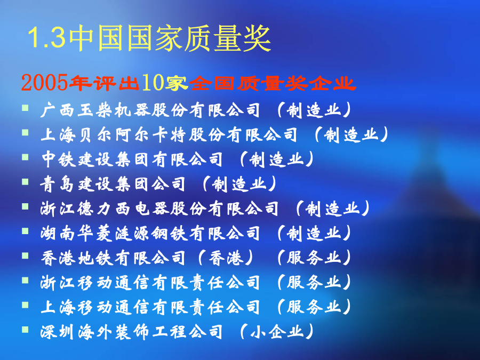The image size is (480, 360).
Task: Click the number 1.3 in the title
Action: click(x=47, y=38)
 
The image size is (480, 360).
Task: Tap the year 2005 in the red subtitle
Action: click(x=44, y=83)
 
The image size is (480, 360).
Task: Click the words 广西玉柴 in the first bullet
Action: click(x=76, y=110)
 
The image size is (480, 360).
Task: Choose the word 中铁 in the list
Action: click(x=59, y=159)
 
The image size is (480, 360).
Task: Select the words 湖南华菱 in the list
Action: click(x=76, y=233)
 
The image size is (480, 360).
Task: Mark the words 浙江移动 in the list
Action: click(x=76, y=283)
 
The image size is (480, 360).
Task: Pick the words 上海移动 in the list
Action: click(x=76, y=307)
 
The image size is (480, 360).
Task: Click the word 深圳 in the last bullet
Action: click(x=58, y=332)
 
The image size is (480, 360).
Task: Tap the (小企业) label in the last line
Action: click(x=277, y=332)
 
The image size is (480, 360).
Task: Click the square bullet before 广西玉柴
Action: click(x=25, y=108)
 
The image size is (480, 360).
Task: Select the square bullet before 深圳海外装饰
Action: click(x=25, y=330)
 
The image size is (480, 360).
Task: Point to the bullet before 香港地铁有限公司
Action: click(x=25, y=255)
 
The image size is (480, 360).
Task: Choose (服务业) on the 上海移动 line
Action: click(x=314, y=307)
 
